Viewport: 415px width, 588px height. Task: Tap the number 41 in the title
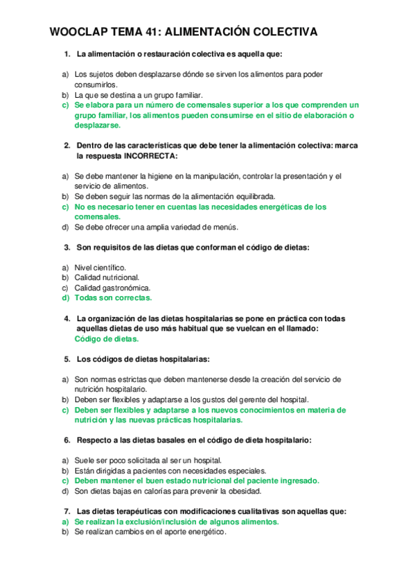[x=155, y=33]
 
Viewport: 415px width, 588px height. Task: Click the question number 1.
[x=67, y=54]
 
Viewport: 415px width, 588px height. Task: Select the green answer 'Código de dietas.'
[x=106, y=339]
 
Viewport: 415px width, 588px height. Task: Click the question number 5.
[x=67, y=359]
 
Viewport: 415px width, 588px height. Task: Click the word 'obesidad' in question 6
[x=242, y=491]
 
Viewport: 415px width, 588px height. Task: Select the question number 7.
[x=67, y=511]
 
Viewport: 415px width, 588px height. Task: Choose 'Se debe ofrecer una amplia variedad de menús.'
[x=156, y=227]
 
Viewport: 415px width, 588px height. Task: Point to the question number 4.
[x=67, y=318]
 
